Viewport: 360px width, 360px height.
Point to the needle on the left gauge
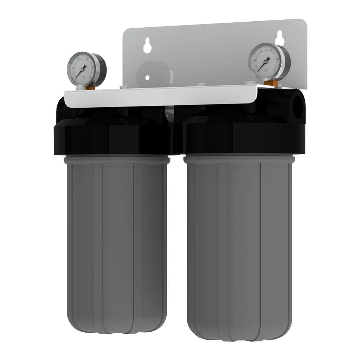[x=81, y=72]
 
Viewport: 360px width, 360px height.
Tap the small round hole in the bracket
[x=147, y=78]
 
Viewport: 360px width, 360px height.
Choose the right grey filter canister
[x=239, y=246]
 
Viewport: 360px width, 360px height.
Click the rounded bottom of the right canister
[x=239, y=333]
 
